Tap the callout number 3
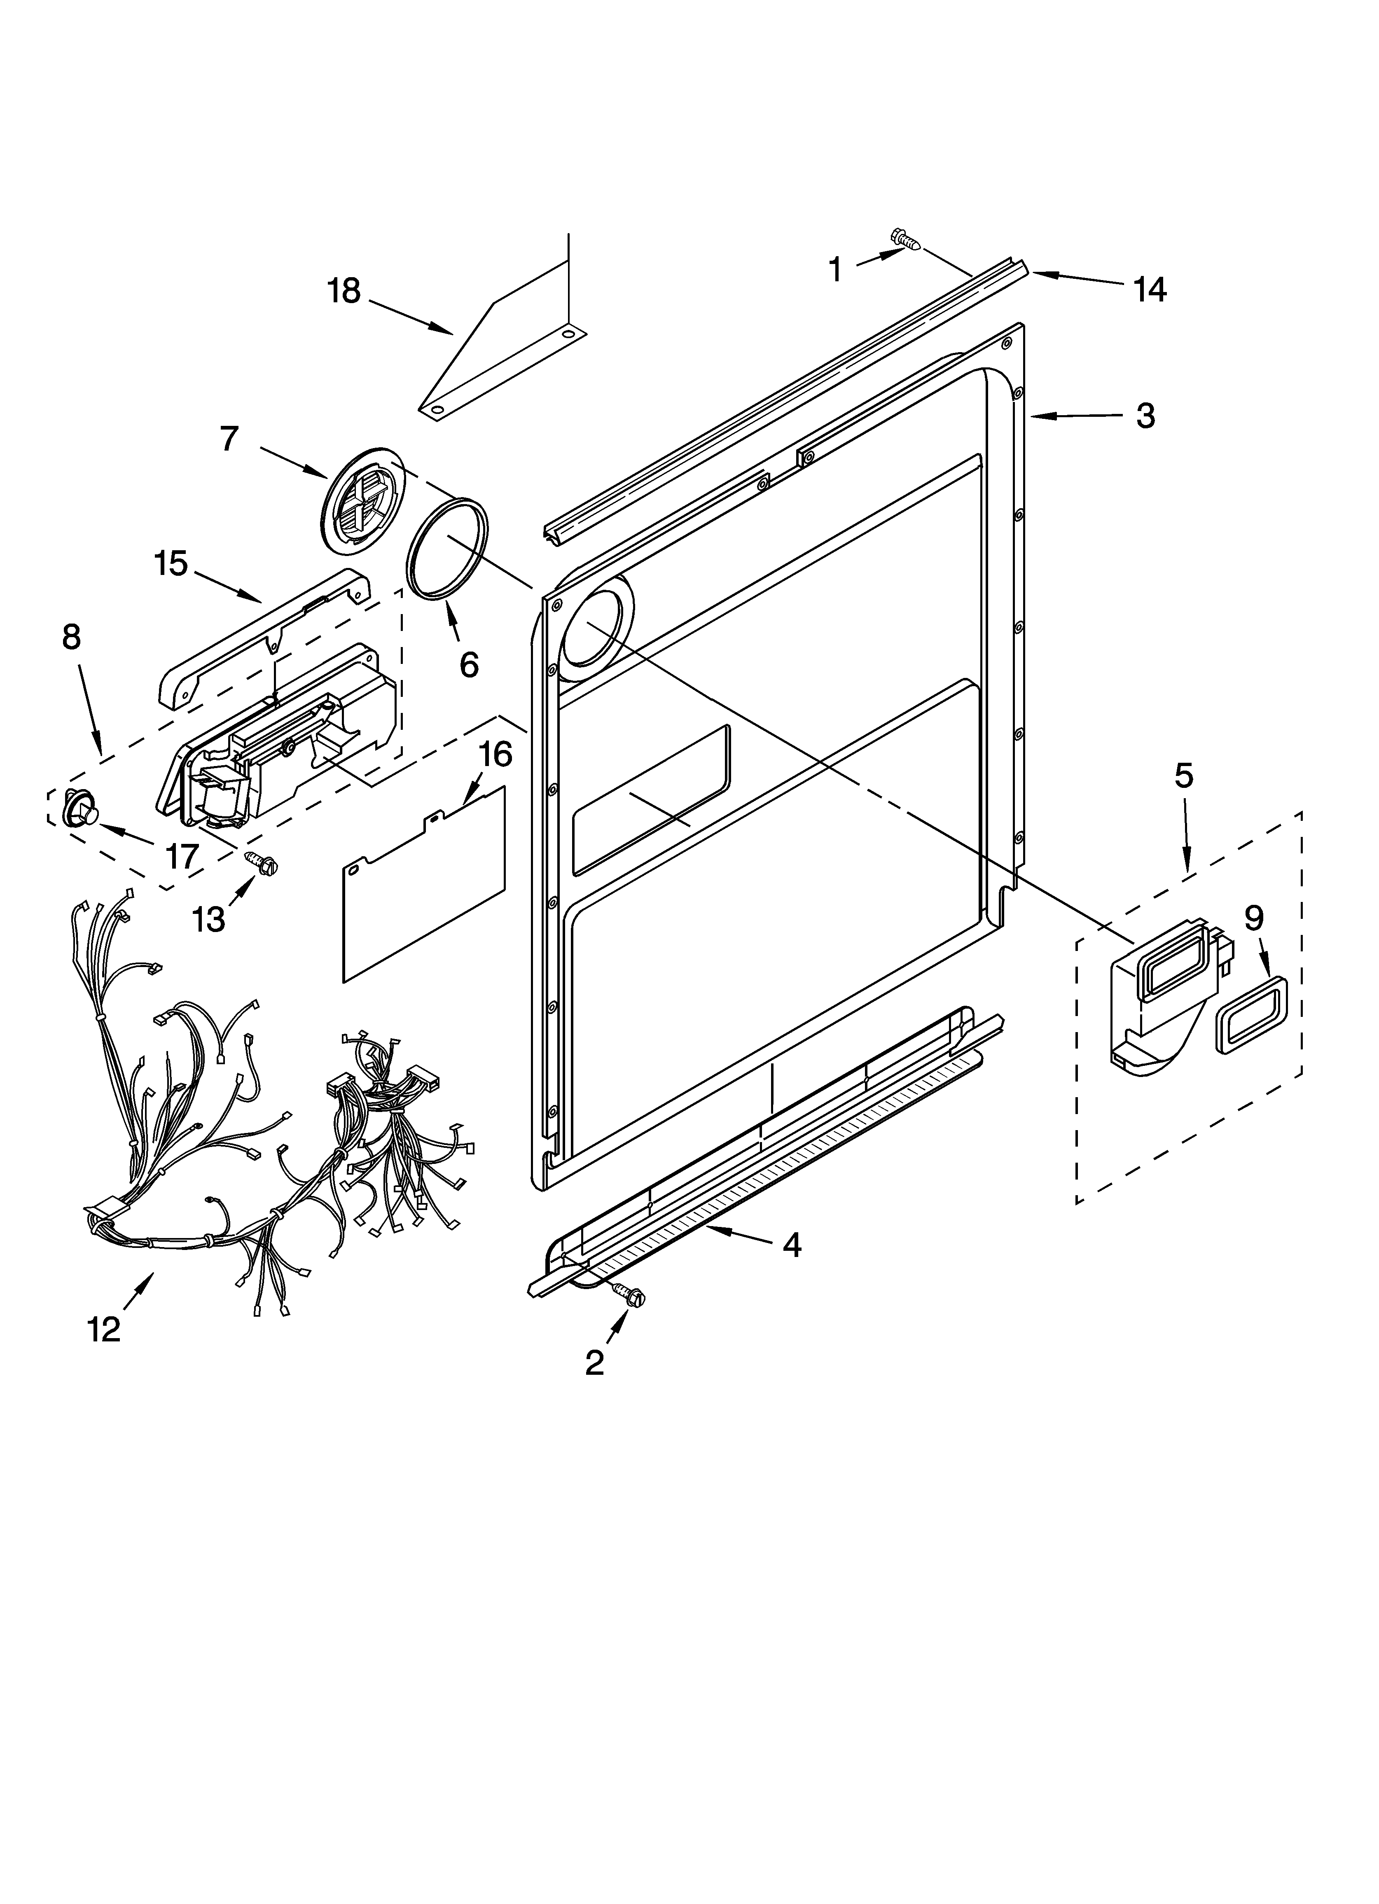1145,416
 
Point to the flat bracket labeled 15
264,638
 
